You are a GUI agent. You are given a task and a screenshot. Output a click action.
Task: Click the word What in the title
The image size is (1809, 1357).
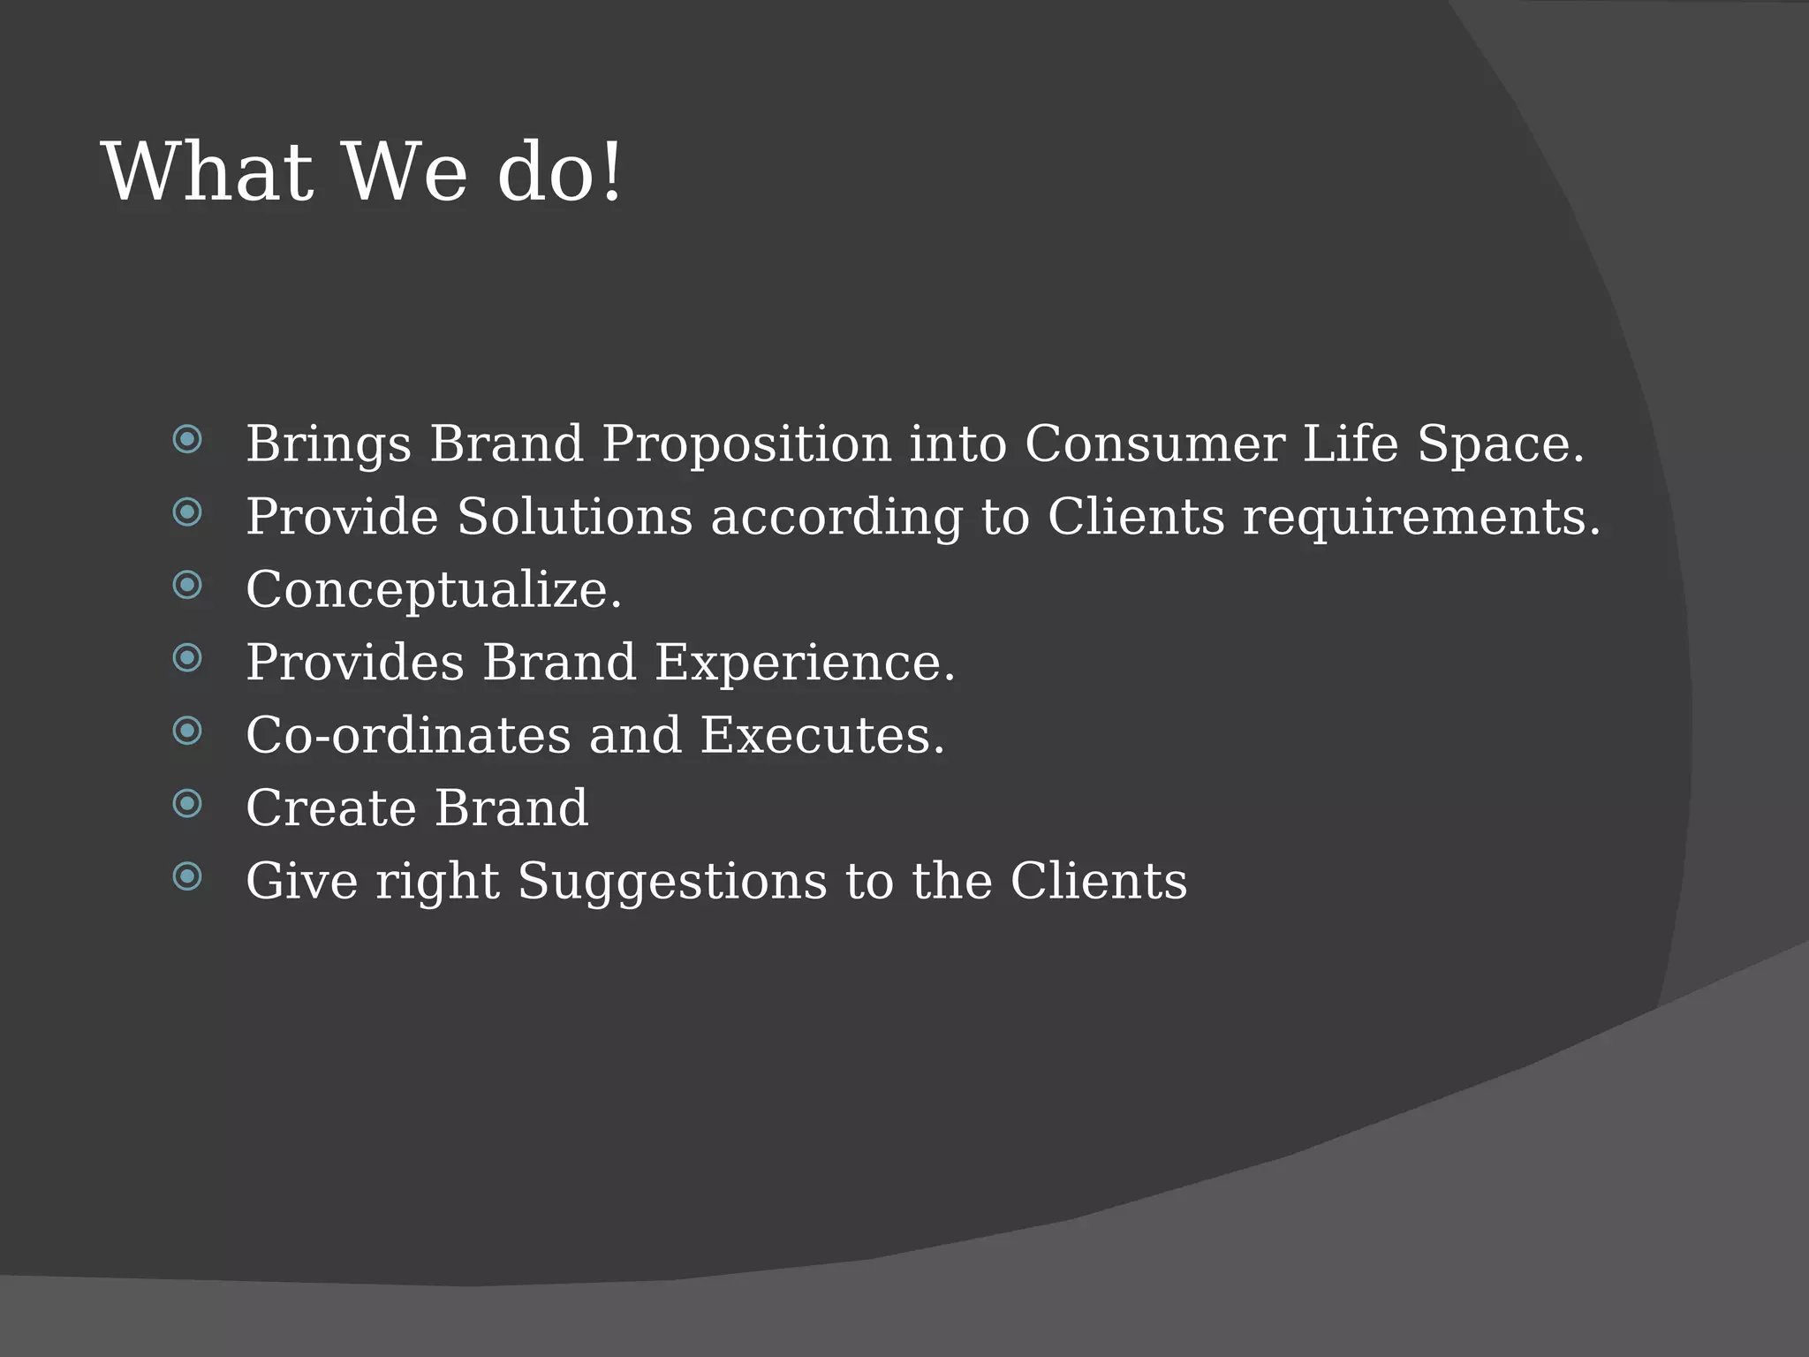coord(208,172)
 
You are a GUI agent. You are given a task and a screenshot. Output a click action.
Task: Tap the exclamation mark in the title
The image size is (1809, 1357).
coord(611,172)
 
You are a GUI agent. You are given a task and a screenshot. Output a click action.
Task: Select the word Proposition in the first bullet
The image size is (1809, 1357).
coord(746,443)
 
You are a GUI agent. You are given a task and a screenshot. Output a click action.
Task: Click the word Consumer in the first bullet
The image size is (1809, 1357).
coord(1154,443)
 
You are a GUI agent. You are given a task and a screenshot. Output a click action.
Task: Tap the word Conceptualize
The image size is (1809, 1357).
coord(433,590)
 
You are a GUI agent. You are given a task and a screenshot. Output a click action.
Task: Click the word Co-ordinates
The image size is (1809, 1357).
coord(408,735)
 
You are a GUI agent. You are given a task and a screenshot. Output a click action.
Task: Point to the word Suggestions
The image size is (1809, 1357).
coord(671,882)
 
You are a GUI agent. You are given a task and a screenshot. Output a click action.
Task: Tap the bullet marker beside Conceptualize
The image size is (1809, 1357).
coord(187,585)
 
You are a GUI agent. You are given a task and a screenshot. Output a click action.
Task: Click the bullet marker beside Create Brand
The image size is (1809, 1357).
coord(187,804)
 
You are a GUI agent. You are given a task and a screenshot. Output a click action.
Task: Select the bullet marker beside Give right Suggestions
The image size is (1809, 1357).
coord(187,876)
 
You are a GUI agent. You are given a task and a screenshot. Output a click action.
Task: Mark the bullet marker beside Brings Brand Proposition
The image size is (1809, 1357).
coord(187,439)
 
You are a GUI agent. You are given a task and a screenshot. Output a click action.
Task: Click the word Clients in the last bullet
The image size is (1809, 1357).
coord(1098,881)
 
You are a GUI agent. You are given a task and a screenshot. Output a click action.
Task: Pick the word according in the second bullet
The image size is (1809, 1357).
coord(836,518)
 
